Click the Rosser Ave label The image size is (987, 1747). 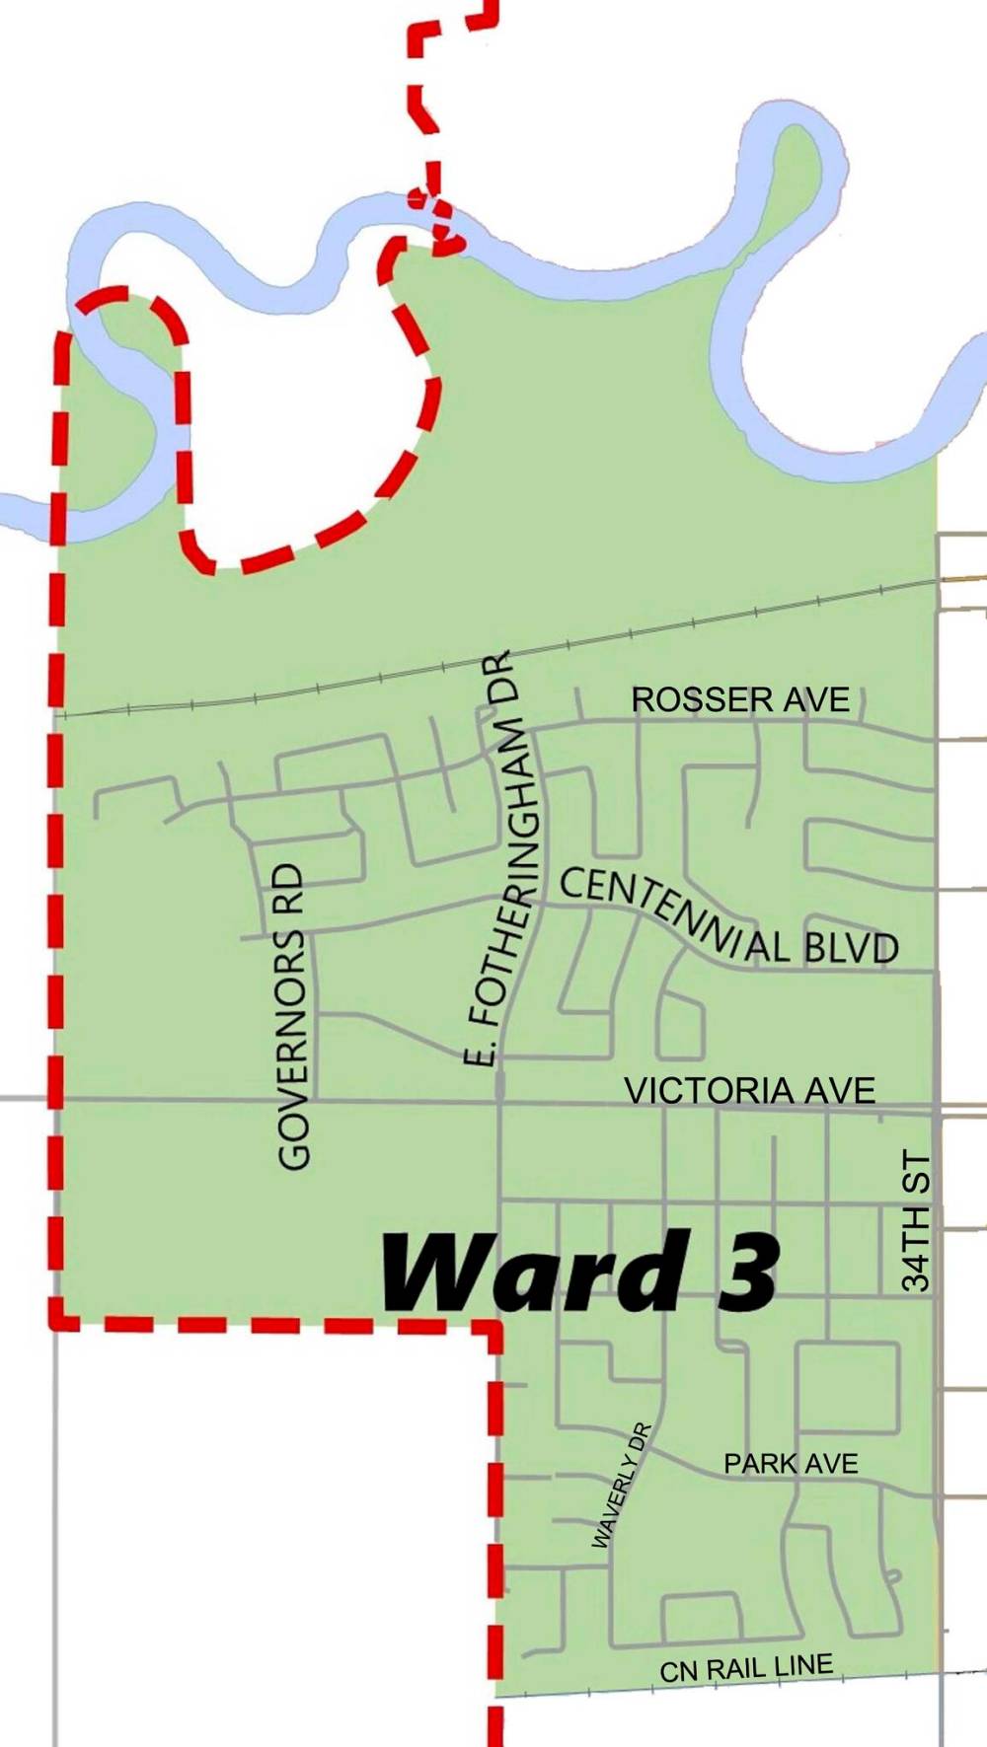point(740,699)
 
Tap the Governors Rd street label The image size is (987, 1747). point(295,1016)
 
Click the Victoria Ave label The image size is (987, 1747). point(750,1090)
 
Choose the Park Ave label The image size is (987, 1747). point(791,1463)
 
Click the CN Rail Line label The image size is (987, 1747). point(746,1668)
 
